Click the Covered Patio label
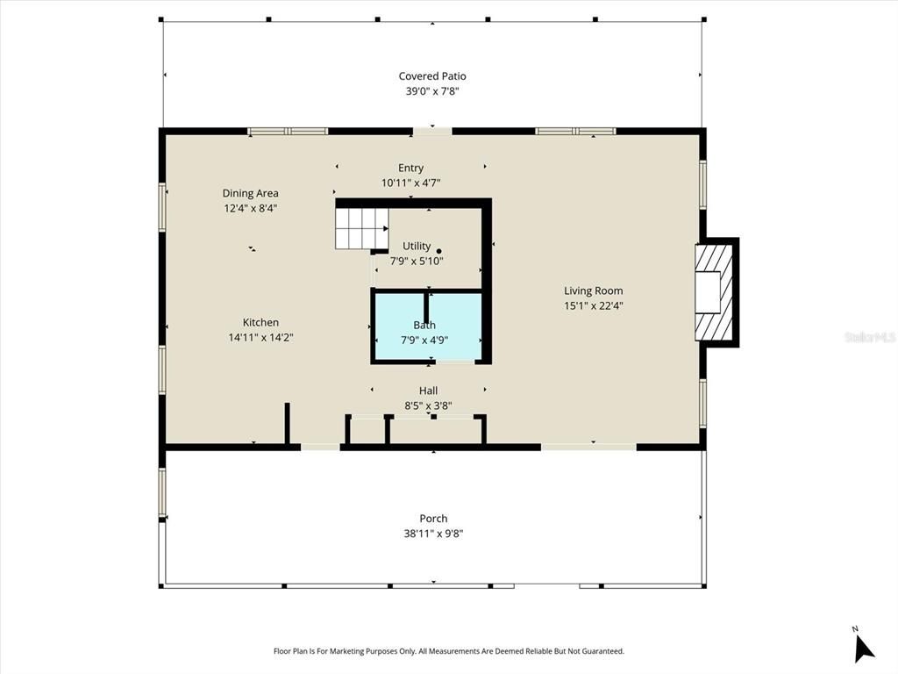click(432, 76)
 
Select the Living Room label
click(593, 290)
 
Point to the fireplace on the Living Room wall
click(715, 292)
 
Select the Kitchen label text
click(260, 322)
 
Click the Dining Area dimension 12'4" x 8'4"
click(250, 208)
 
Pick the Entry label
click(410, 168)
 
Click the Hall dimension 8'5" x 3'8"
click(428, 405)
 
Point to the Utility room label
click(417, 246)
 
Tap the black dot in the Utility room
click(439, 250)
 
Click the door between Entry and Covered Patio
click(432, 132)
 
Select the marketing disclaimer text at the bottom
click(449, 651)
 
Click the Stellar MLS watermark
click(868, 336)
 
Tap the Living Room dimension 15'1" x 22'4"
click(593, 306)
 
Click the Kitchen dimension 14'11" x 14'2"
click(260, 337)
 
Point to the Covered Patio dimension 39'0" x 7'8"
click(432, 91)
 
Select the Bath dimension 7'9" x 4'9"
click(424, 340)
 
